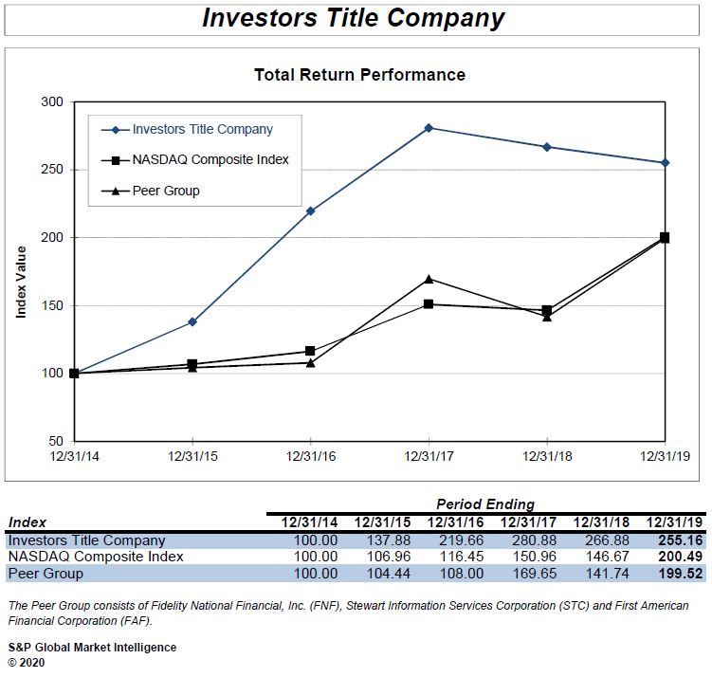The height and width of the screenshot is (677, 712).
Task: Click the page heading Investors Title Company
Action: click(x=354, y=18)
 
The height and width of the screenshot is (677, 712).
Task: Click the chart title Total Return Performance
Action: click(x=359, y=74)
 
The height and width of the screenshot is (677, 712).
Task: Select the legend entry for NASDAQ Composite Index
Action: click(x=210, y=159)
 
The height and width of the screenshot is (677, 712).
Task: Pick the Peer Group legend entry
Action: click(x=166, y=191)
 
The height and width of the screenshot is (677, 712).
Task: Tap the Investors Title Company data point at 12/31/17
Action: click(x=429, y=127)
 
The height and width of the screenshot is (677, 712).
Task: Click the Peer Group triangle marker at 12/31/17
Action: click(x=429, y=279)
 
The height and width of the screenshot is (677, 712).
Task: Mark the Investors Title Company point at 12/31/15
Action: click(x=192, y=321)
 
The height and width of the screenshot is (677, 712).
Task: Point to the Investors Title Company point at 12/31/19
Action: click(x=665, y=162)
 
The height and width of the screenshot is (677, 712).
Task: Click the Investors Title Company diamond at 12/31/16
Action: click(x=311, y=210)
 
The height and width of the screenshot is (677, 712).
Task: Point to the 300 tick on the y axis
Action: click(x=54, y=101)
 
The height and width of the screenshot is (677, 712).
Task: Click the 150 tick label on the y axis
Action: click(x=54, y=305)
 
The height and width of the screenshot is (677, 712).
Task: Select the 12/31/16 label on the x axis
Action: click(x=310, y=456)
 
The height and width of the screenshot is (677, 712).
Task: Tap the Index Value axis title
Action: click(x=21, y=283)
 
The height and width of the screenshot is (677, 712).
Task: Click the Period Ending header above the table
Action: click(x=485, y=504)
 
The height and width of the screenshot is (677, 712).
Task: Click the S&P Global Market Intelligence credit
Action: click(x=92, y=648)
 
